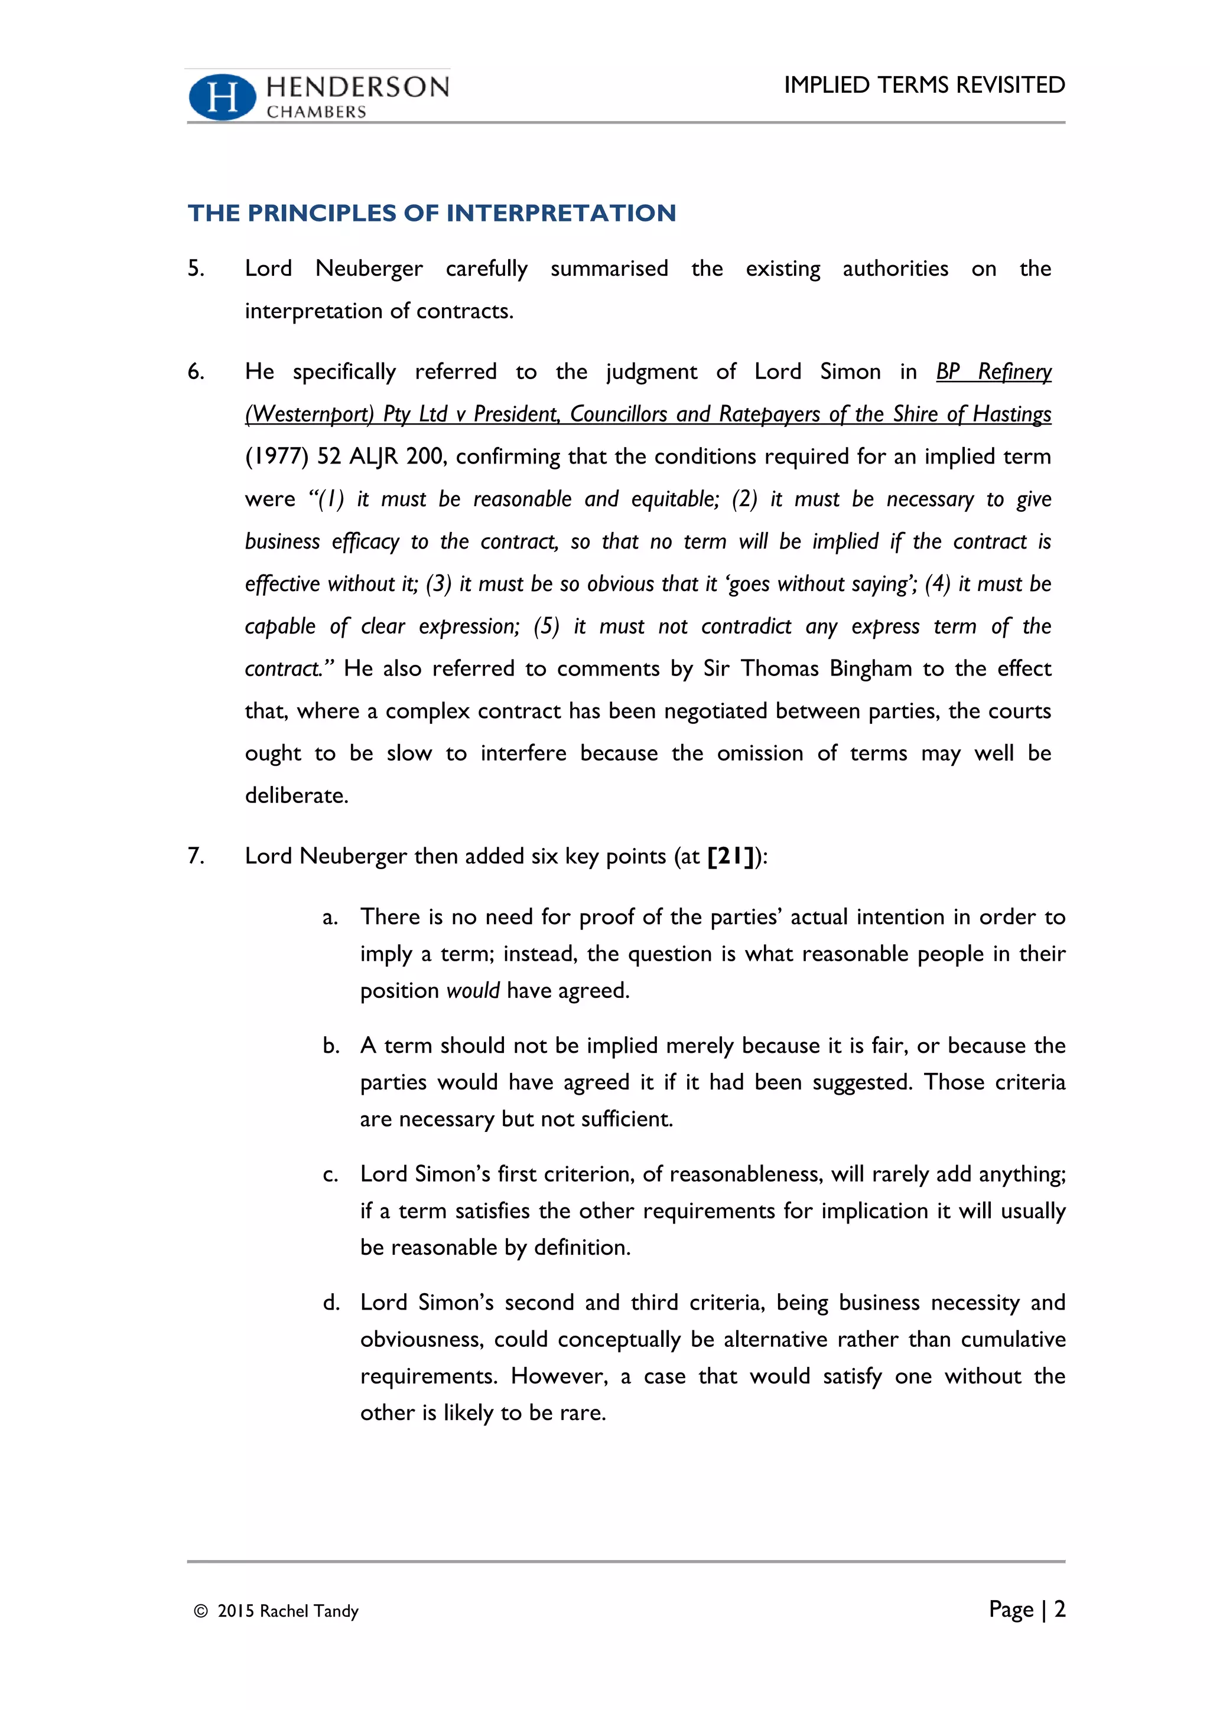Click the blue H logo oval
[x=222, y=97]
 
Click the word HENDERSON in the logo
[x=357, y=87]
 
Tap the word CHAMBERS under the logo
[x=317, y=112]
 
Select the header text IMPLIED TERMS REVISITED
[x=924, y=85]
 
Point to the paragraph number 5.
[x=195, y=268]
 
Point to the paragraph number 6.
[x=195, y=371]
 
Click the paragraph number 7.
[x=195, y=856]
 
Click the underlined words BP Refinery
[x=993, y=371]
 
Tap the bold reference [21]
[x=731, y=857]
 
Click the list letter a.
[x=330, y=918]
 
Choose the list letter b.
[x=331, y=1046]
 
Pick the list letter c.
[x=330, y=1175]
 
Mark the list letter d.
[x=331, y=1303]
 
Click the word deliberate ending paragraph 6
[x=296, y=795]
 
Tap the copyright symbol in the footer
[x=200, y=1611]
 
